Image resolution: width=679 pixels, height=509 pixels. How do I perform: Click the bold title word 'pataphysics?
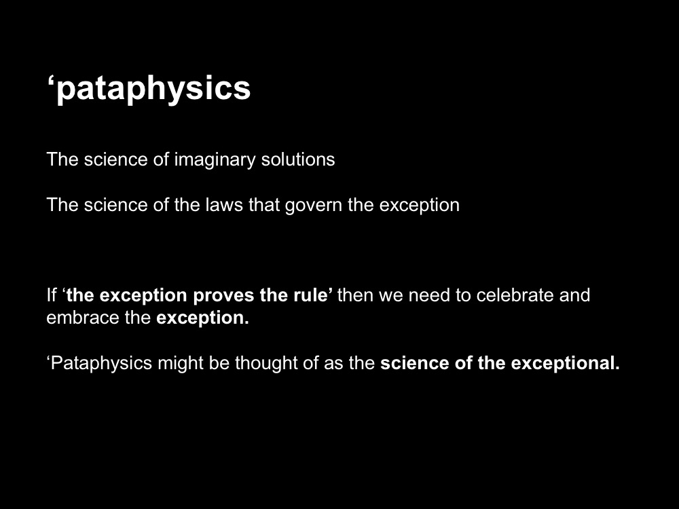click(149, 89)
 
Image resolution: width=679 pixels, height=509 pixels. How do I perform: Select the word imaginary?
click(215, 160)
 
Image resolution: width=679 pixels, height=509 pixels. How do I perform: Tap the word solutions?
click(298, 159)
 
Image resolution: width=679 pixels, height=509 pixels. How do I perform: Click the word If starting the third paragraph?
click(52, 295)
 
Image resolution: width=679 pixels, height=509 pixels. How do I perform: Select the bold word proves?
click(223, 296)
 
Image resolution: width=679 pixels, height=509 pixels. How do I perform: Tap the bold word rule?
click(312, 295)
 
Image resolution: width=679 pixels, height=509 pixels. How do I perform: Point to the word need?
click(426, 295)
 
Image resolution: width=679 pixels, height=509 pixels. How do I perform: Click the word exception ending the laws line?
click(420, 206)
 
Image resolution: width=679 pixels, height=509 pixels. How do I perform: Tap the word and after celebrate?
click(574, 295)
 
